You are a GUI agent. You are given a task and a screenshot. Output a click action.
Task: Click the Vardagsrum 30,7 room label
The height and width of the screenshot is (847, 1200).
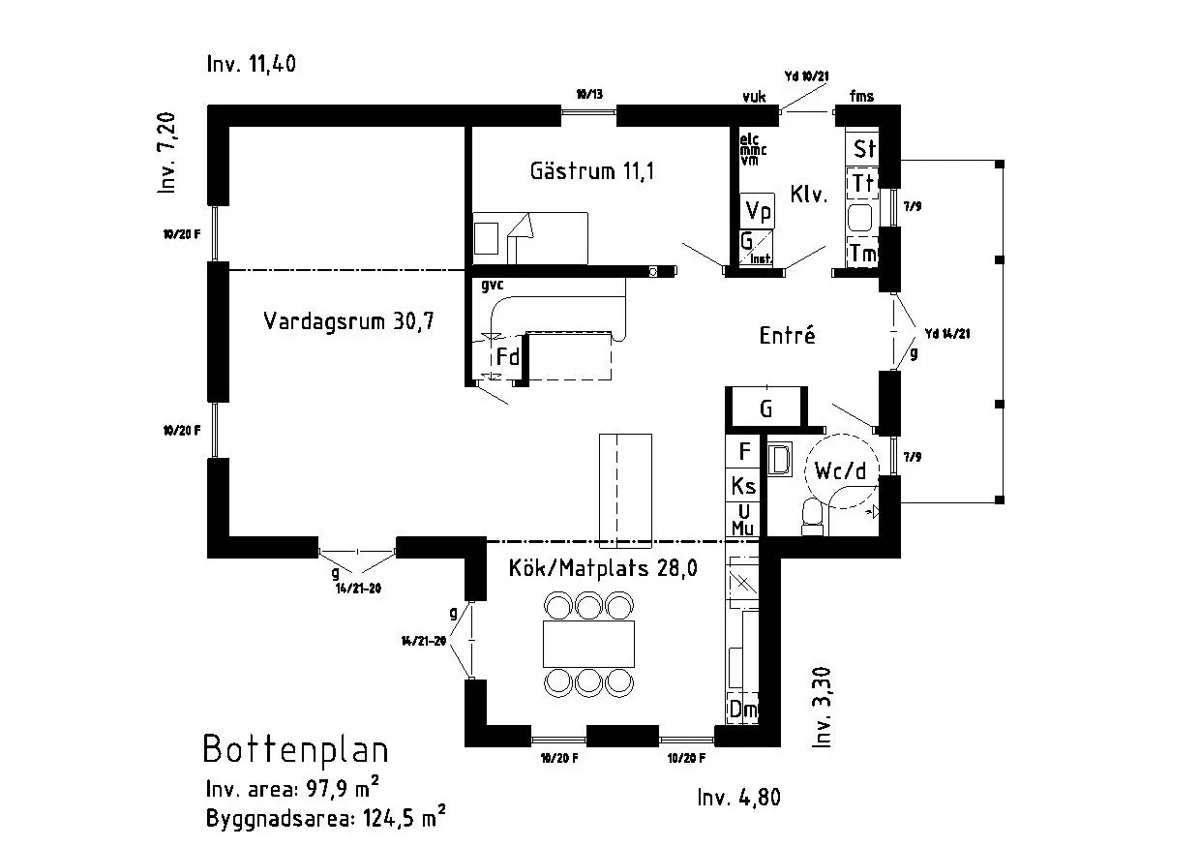pyautogui.click(x=347, y=321)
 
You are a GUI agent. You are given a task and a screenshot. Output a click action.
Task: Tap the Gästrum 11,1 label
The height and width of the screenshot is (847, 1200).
pyautogui.click(x=592, y=171)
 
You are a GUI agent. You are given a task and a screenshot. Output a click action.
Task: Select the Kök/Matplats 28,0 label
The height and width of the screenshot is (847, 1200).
pyautogui.click(x=603, y=568)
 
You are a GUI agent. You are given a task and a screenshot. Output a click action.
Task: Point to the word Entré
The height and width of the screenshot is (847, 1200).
pyautogui.click(x=787, y=336)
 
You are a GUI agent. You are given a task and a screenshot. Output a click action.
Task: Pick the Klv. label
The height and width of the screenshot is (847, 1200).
pyautogui.click(x=808, y=194)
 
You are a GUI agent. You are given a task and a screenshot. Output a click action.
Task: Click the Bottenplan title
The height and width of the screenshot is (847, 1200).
pyautogui.click(x=295, y=749)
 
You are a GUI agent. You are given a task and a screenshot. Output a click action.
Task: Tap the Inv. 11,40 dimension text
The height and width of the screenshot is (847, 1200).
pyautogui.click(x=251, y=65)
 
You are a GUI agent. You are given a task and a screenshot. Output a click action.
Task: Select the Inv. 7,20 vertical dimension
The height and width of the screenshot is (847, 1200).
pyautogui.click(x=168, y=154)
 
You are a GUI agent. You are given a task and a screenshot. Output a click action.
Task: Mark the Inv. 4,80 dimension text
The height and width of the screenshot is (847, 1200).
pyautogui.click(x=738, y=798)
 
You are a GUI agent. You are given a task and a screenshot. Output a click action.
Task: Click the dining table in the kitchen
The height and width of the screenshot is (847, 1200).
pyautogui.click(x=588, y=644)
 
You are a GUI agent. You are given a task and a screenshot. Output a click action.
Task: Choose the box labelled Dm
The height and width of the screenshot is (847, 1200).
pyautogui.click(x=743, y=710)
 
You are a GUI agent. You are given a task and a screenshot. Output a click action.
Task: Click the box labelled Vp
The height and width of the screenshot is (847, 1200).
pyautogui.click(x=758, y=211)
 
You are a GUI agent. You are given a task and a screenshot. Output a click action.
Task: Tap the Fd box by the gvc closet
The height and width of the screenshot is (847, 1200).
pyautogui.click(x=508, y=357)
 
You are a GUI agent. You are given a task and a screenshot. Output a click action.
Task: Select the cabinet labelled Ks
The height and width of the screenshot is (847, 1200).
pyautogui.click(x=743, y=484)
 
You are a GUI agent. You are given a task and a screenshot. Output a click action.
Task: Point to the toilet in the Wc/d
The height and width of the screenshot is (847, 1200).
pyautogui.click(x=814, y=519)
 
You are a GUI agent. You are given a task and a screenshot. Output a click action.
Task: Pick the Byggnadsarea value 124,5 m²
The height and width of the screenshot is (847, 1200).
pyautogui.click(x=404, y=818)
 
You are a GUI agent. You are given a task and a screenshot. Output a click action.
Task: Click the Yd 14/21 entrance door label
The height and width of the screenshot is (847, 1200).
pyautogui.click(x=946, y=334)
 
